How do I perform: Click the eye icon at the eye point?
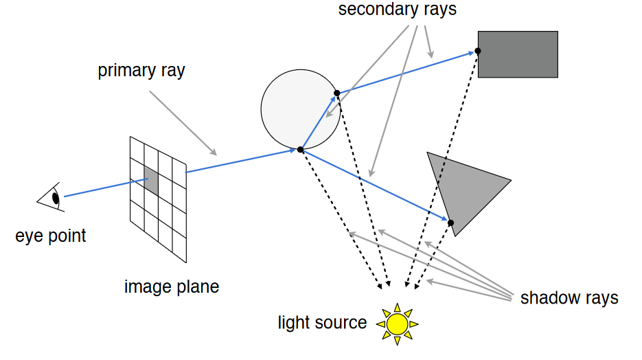(x=51, y=198)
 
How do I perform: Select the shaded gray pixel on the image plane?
(x=151, y=181)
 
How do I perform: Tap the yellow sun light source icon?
(x=397, y=322)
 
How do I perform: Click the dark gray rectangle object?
(x=518, y=54)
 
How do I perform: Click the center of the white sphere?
(x=300, y=109)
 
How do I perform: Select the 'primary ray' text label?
(x=141, y=71)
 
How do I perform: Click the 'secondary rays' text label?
(x=397, y=10)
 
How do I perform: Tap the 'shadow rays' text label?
(x=569, y=298)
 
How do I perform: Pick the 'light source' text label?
(x=322, y=322)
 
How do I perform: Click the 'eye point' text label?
(x=51, y=236)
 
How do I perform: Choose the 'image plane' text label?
(x=172, y=286)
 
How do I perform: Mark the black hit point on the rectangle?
(x=477, y=51)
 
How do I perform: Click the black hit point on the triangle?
(x=451, y=223)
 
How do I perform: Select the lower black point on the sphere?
(x=300, y=149)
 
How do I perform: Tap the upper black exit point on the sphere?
(x=336, y=93)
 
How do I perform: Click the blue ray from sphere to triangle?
(x=374, y=185)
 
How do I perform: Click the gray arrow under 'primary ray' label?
(x=182, y=124)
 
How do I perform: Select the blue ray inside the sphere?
(x=319, y=121)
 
